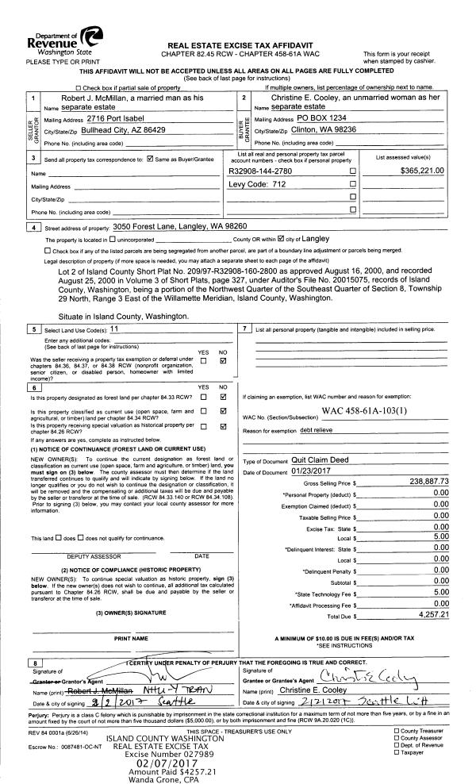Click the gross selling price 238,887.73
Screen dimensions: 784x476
(x=429, y=482)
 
